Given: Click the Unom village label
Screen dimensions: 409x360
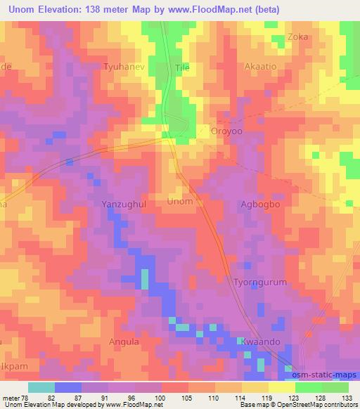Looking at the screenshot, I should pyautogui.click(x=179, y=202).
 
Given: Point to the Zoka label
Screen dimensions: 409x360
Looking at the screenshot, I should pyautogui.click(x=297, y=37).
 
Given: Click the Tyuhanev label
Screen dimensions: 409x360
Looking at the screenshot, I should pyautogui.click(x=123, y=67).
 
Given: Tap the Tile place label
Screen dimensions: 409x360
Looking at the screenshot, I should pyautogui.click(x=182, y=67).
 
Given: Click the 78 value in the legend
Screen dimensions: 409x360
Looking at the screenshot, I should pyautogui.click(x=25, y=398).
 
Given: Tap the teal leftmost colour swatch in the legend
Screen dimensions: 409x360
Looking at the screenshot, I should pyautogui.click(x=41, y=387).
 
